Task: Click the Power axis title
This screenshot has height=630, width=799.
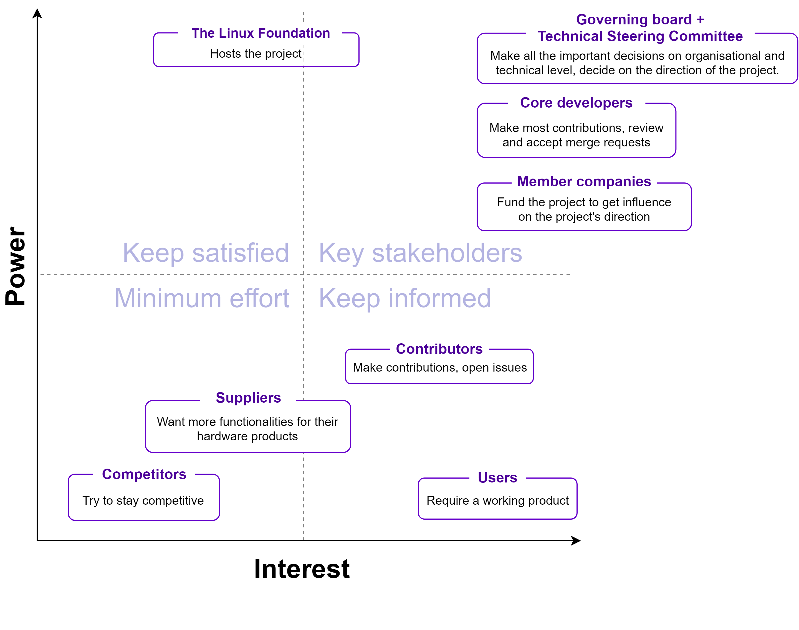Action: click(x=16, y=266)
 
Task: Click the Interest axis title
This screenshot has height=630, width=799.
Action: click(x=302, y=568)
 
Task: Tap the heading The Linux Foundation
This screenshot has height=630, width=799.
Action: click(x=261, y=33)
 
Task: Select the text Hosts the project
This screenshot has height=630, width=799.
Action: click(x=256, y=54)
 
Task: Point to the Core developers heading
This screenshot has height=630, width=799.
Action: click(x=576, y=103)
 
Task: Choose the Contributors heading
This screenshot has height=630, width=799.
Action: click(x=439, y=349)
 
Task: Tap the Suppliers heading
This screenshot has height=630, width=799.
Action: click(x=248, y=398)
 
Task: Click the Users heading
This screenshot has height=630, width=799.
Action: click(x=497, y=478)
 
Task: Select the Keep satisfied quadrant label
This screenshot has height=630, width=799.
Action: click(x=206, y=253)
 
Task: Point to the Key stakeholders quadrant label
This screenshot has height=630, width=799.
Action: click(x=420, y=253)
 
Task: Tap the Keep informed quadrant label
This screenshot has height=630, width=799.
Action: click(x=405, y=298)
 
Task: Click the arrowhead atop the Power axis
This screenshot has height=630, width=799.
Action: click(x=37, y=13)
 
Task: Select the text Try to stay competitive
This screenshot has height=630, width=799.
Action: click(x=143, y=501)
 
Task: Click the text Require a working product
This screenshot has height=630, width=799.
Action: click(x=497, y=501)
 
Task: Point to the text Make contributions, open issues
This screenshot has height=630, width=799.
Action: click(x=439, y=368)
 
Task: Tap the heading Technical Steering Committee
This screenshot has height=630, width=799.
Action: click(x=640, y=36)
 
